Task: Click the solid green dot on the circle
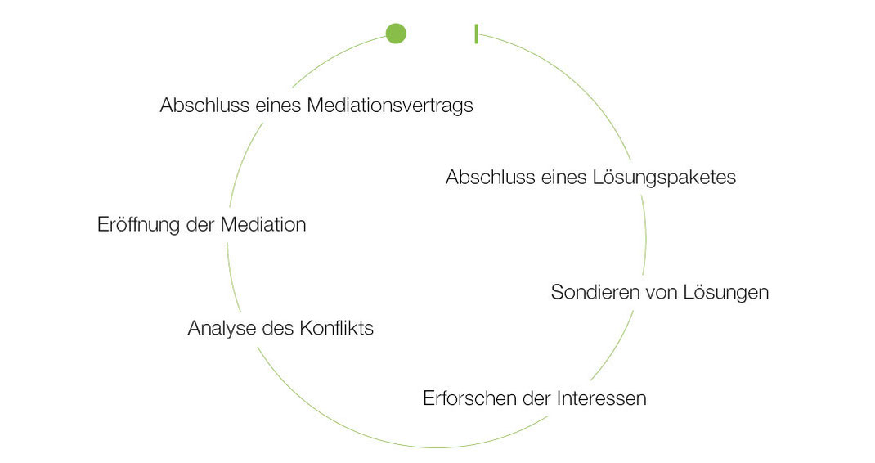pos(396,34)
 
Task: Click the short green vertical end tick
pos(476,34)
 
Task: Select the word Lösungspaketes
pos(663,178)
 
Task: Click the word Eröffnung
pos(138,225)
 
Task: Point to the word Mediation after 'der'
pos(263,225)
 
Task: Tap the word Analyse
pos(220,329)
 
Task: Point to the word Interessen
pos(601,399)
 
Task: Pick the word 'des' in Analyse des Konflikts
pos(271,329)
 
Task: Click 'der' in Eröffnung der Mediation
pos(201,225)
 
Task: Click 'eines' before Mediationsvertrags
pos(271,106)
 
